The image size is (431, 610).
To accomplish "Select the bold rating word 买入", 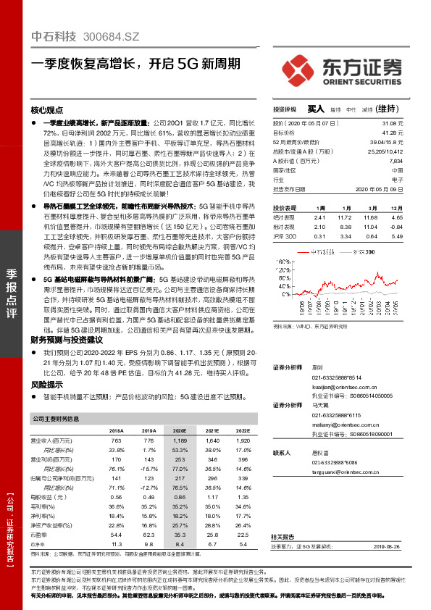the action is click(315, 109).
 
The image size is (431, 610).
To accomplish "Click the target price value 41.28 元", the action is click(392, 133).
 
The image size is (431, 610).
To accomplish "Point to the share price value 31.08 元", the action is click(392, 124).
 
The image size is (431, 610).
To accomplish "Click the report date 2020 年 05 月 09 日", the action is click(380, 188).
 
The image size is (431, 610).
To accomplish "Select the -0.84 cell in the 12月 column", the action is click(396, 226).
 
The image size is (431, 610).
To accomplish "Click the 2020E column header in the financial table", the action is click(179, 430).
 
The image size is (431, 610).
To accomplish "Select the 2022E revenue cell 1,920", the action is click(240, 440).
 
